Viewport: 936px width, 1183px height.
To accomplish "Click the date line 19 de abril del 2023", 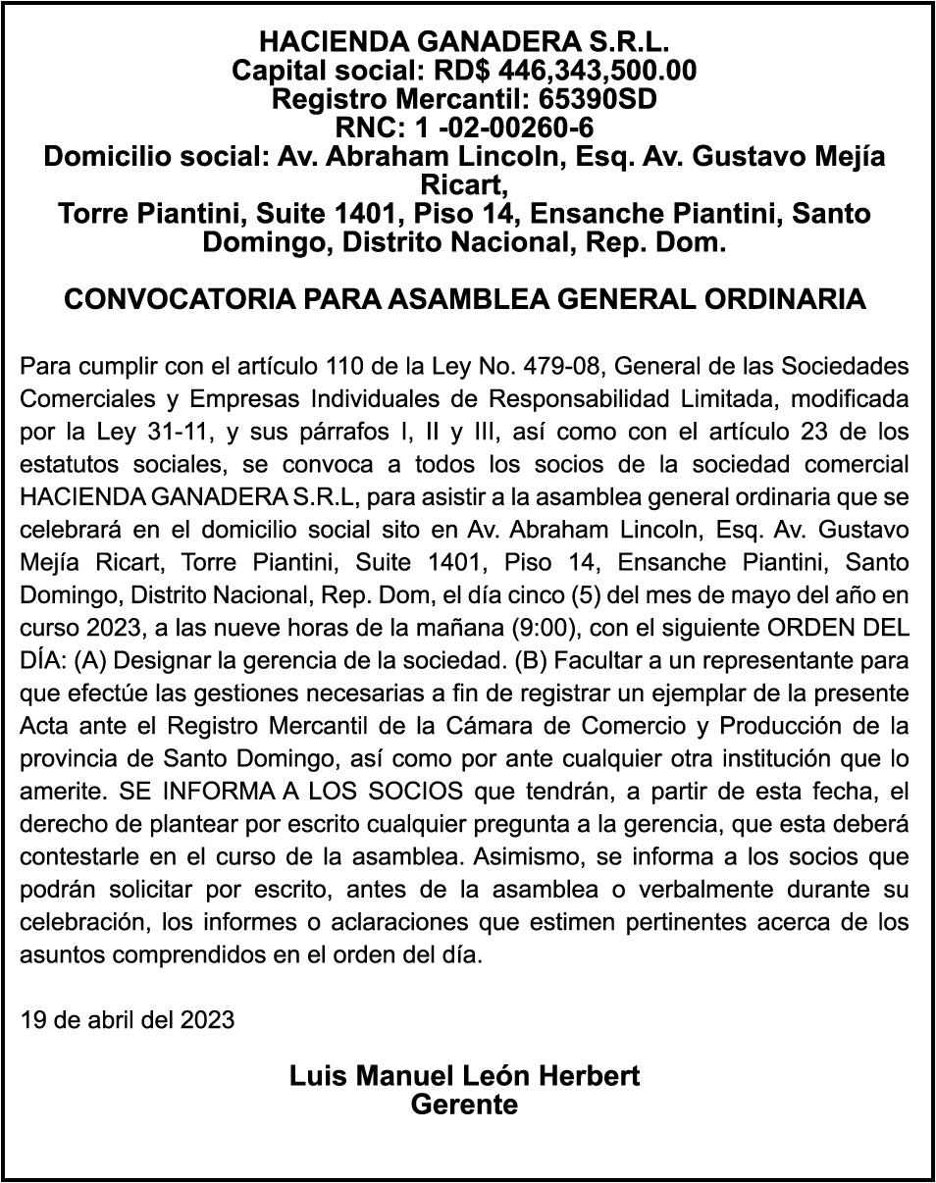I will [x=127, y=1019].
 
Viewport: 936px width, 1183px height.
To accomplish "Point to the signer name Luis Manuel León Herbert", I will [x=464, y=1075].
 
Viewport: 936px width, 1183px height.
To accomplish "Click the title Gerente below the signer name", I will [x=464, y=1105].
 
